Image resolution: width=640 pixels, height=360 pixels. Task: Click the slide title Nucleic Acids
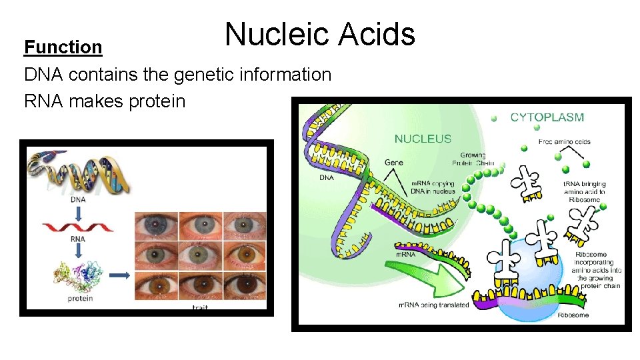pos(319,34)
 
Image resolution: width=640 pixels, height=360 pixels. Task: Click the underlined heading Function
pos(63,47)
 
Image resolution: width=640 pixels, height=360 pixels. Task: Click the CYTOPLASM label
pos(547,117)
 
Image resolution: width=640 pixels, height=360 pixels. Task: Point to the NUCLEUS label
pos(423,139)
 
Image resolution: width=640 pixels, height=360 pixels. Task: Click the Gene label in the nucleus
pos(393,163)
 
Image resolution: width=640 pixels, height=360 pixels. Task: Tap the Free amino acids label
pos(565,142)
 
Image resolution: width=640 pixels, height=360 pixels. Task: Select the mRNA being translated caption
pos(433,305)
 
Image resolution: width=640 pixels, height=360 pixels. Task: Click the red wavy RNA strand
pos(78,227)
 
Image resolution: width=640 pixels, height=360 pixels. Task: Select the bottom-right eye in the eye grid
pos(245,287)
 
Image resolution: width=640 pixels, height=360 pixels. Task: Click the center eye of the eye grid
pos(199,255)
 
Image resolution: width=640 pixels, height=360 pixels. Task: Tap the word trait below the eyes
pos(200,307)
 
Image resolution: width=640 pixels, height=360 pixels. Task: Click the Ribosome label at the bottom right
pos(573,315)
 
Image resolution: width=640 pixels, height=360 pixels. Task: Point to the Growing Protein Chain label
pos(473,159)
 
